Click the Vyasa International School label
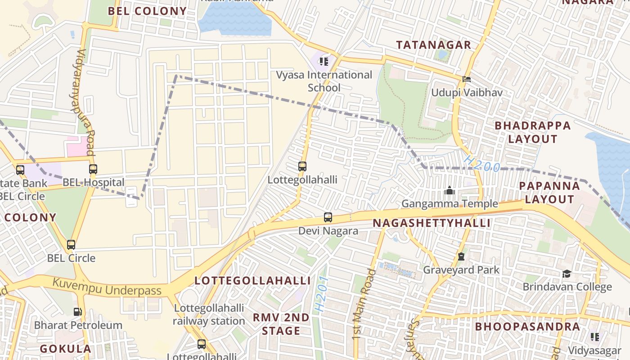[x=324, y=81]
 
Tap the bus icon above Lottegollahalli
[x=302, y=166]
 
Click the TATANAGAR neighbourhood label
[x=433, y=45]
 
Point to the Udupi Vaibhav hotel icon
[x=467, y=80]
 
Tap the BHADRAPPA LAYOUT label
[x=533, y=132]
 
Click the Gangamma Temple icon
[x=449, y=191]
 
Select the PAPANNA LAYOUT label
[x=549, y=193]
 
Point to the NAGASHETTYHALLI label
[x=431, y=223]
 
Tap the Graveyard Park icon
[x=461, y=257]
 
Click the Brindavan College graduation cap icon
[x=567, y=274]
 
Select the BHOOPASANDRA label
[x=527, y=326]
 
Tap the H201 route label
[x=321, y=295]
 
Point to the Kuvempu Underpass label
[x=107, y=288]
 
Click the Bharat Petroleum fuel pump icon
[x=78, y=312]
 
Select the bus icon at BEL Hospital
[x=93, y=169]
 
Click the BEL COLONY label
[x=147, y=11]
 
